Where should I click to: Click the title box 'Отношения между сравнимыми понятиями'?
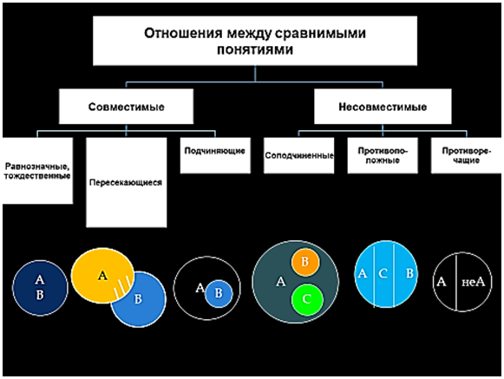(x=255, y=41)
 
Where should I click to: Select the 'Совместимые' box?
(x=126, y=107)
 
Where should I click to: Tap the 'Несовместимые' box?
(x=383, y=107)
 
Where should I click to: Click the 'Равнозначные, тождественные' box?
(x=37, y=171)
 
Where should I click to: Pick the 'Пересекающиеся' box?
(x=127, y=182)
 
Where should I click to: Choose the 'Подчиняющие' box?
(x=215, y=155)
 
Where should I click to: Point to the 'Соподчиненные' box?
(x=299, y=155)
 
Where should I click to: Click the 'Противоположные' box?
(x=383, y=155)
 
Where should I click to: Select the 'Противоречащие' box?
(x=466, y=155)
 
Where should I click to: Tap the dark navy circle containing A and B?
(x=40, y=288)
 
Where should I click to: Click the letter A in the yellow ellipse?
(x=102, y=276)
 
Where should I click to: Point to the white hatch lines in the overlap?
(x=123, y=287)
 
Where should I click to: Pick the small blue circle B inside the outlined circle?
(x=219, y=293)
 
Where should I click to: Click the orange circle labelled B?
(x=305, y=262)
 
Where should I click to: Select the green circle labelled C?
(x=307, y=299)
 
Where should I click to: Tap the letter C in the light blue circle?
(x=383, y=274)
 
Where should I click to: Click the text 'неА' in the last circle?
(x=473, y=282)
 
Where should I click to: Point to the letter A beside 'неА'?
(x=442, y=282)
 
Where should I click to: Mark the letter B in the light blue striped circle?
(x=409, y=273)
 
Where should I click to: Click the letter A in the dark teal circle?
(x=280, y=282)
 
